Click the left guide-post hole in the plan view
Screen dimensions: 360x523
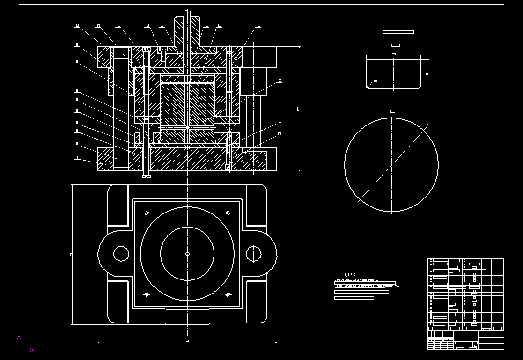click(121, 254)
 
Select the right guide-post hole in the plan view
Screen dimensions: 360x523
click(254, 254)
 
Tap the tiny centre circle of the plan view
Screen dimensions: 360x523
click(187, 254)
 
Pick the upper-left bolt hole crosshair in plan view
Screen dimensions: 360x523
click(147, 213)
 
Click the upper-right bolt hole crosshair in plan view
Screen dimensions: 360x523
click(228, 213)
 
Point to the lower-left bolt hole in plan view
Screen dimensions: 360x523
click(147, 294)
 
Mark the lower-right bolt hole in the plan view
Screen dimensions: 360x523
click(228, 294)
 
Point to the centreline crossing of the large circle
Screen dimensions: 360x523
click(392, 165)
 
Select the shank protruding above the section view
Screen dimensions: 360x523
click(187, 21)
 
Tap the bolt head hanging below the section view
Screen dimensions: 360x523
click(147, 176)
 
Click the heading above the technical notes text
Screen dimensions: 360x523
click(350, 275)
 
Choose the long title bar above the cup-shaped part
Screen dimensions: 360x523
click(398, 32)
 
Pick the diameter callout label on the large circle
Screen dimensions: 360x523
click(430, 125)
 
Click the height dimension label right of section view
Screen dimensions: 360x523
click(298, 109)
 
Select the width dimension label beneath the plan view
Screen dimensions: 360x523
click(187, 341)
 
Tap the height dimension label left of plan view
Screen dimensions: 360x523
click(71, 255)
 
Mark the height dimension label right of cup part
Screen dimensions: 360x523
click(427, 74)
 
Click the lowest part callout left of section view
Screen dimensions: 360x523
click(77, 158)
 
